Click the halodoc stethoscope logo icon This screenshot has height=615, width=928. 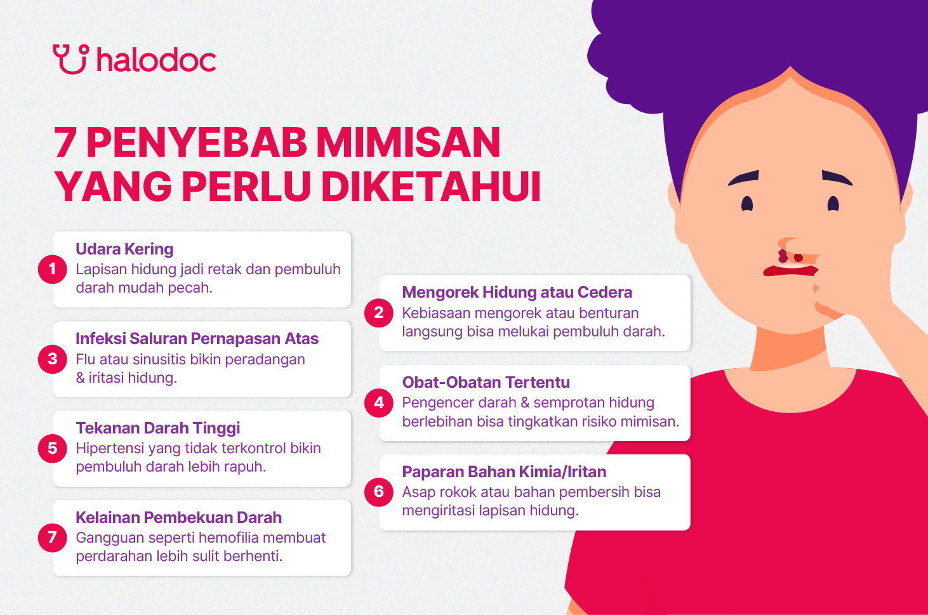(70, 59)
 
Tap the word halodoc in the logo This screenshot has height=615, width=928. (156, 60)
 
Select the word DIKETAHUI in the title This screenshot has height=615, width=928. (431, 187)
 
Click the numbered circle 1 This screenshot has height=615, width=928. (53, 269)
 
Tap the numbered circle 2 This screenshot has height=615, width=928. (379, 313)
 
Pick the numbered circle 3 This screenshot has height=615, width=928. (53, 359)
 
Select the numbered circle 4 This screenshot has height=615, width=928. (379, 402)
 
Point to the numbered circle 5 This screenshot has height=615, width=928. (53, 448)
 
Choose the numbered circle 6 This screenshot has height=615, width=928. (379, 492)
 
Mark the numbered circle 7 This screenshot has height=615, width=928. (53, 538)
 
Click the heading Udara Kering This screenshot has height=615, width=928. (124, 249)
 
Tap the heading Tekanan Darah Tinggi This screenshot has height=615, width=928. (157, 428)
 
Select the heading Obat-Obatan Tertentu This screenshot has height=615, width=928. (486, 382)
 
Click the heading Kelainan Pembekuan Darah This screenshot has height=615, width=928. (178, 517)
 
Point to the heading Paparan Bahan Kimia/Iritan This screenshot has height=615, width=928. (504, 472)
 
